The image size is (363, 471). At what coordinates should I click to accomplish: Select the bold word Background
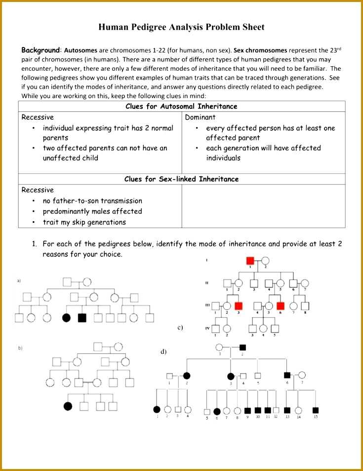click(x=40, y=50)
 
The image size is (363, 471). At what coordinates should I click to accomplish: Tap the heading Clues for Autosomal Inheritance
click(x=181, y=106)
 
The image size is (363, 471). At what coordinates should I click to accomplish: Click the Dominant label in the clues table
click(x=200, y=117)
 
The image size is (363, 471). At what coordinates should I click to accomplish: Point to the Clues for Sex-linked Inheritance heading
click(x=181, y=179)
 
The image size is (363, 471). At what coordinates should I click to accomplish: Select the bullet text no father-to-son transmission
click(x=92, y=201)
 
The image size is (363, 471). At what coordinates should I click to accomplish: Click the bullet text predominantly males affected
click(x=92, y=211)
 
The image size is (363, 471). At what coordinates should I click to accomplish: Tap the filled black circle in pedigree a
click(x=66, y=318)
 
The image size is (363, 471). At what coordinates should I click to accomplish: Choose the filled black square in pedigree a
click(x=82, y=318)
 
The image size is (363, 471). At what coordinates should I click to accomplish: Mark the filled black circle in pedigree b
click(x=68, y=406)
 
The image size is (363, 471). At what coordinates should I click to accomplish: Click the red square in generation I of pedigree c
click(x=250, y=260)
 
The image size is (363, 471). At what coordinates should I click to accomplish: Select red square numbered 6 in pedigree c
click(x=281, y=306)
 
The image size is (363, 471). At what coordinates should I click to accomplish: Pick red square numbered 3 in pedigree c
click(x=239, y=306)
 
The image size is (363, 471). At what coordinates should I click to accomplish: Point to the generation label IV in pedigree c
click(x=207, y=328)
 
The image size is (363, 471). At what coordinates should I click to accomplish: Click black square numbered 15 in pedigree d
click(x=316, y=410)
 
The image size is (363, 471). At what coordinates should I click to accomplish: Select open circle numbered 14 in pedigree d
click(x=298, y=410)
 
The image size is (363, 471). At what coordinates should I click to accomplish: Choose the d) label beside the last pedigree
click(x=163, y=352)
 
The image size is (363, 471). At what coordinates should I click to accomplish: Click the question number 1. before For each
click(x=35, y=244)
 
